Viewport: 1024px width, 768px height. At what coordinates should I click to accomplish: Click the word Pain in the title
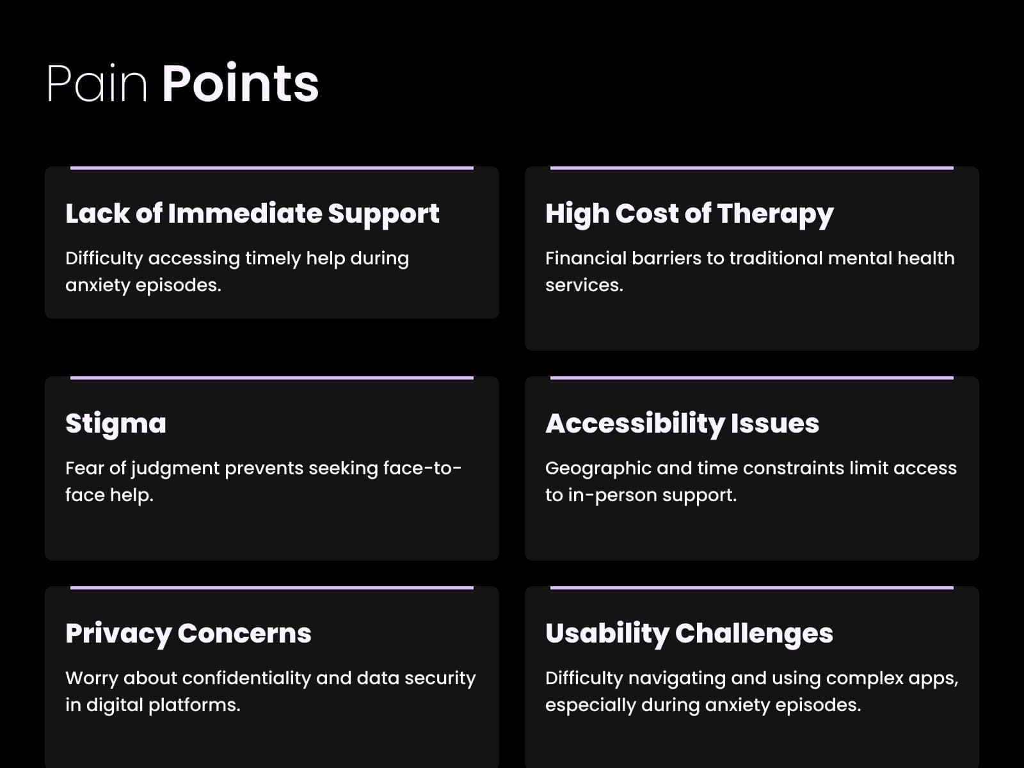coord(97,83)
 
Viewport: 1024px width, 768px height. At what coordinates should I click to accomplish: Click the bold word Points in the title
coord(240,83)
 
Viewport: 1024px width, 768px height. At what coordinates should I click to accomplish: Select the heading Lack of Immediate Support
coord(252,214)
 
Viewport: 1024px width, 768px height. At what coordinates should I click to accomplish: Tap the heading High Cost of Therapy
coord(689,214)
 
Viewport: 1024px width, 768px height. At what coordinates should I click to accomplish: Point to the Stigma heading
coord(116,424)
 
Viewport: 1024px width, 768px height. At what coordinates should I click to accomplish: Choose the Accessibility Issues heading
coord(682,424)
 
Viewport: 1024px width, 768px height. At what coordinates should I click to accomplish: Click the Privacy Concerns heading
coord(188,633)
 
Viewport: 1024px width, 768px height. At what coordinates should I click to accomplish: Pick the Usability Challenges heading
coord(689,633)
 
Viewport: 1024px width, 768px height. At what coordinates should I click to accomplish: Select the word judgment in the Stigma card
coord(175,468)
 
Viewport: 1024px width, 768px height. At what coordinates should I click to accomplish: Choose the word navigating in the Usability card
coord(677,678)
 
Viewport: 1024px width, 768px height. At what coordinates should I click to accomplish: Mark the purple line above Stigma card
coord(272,378)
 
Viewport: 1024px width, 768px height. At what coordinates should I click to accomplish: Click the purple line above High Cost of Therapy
coord(752,168)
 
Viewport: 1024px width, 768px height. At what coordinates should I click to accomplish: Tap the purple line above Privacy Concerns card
coord(272,588)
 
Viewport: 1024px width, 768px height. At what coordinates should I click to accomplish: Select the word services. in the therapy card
coord(584,285)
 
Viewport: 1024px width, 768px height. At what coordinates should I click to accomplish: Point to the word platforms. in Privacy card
coord(194,705)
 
